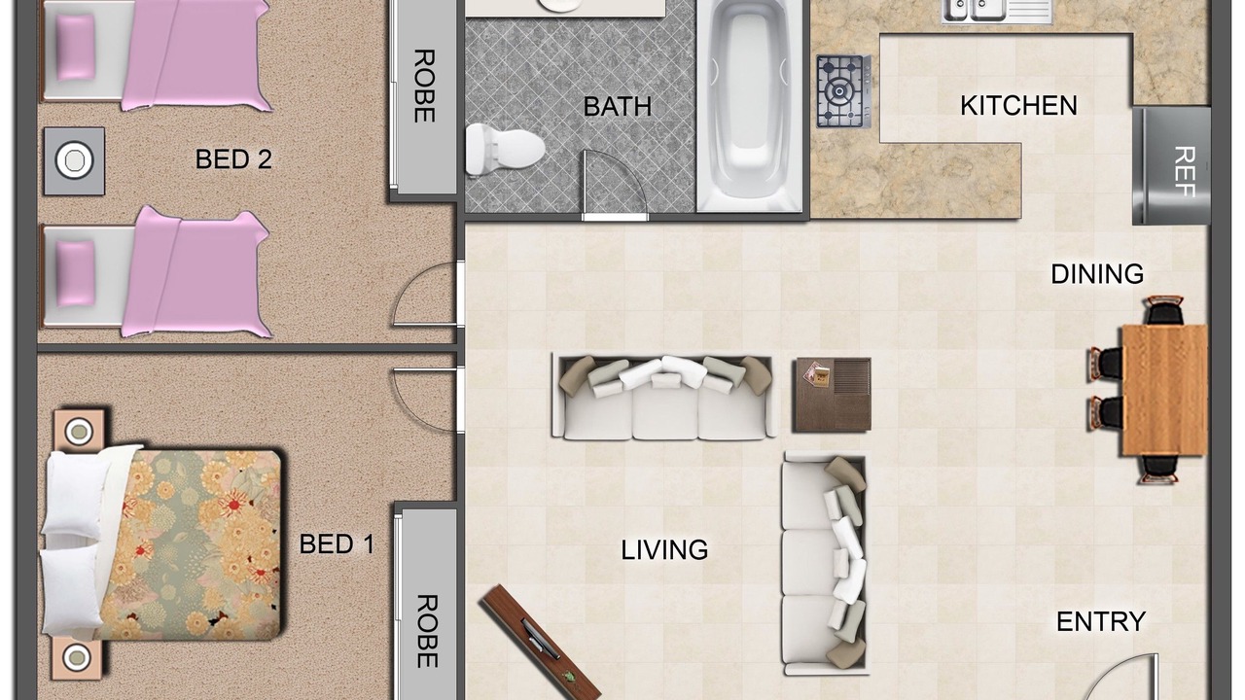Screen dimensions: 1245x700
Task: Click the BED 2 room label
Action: (233, 159)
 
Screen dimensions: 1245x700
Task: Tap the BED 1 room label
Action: (337, 543)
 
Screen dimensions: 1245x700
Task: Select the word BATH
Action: (617, 106)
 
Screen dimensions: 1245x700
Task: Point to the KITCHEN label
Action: (1018, 106)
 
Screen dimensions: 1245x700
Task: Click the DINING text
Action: (1097, 274)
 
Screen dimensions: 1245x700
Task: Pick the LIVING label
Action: (664, 550)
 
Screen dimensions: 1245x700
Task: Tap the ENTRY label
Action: (1100, 621)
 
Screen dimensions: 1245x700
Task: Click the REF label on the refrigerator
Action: (1185, 172)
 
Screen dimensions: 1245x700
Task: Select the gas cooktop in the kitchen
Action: (843, 91)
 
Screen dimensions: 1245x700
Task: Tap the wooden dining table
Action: (1165, 390)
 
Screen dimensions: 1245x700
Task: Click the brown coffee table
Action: (832, 395)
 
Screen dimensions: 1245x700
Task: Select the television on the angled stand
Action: (540, 642)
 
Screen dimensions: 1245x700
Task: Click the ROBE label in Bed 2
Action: (424, 86)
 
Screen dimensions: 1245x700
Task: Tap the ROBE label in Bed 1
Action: (427, 631)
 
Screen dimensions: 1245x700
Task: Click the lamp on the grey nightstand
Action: (75, 160)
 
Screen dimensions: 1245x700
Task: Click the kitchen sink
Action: (975, 10)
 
